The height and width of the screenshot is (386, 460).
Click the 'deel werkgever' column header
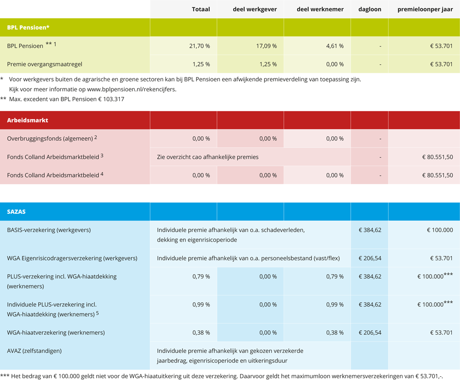tap(254, 9)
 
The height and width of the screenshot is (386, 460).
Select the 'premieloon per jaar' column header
tap(425, 9)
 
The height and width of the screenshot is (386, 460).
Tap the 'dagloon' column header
tap(369, 9)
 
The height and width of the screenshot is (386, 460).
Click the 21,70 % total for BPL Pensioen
tap(201, 46)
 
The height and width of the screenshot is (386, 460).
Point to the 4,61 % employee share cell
tap(334, 46)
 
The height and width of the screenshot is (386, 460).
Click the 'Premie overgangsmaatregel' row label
tap(41, 64)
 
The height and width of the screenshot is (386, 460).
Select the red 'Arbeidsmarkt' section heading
tap(27, 120)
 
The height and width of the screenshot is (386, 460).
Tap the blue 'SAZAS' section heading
tap(16, 211)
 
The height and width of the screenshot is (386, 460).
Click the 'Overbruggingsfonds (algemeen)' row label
tap(50, 139)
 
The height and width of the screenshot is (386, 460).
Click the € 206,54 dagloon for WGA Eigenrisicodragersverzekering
tap(370, 258)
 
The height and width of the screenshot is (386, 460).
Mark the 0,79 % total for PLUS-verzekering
tap(201, 276)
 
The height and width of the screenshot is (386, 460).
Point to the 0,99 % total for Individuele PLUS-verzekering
tap(201, 304)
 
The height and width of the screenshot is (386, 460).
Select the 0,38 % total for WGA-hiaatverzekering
tap(201, 332)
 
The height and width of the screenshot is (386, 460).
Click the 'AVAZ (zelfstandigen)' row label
tap(34, 351)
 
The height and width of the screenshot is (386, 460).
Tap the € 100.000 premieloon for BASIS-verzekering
tap(439, 230)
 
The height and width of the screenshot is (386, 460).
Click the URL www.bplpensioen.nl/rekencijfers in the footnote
tap(131, 89)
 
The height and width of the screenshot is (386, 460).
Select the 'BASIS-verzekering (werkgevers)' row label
tap(49, 230)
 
